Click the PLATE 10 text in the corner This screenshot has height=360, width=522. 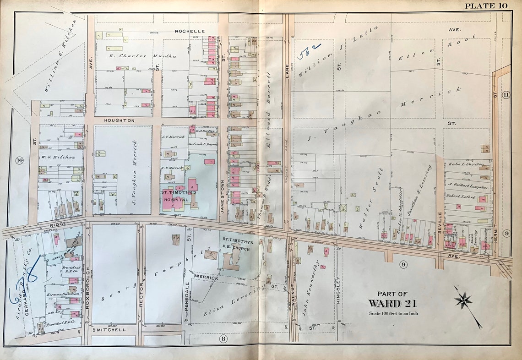click(x=486, y=5)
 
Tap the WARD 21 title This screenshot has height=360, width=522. click(x=392, y=304)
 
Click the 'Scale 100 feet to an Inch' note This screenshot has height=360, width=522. click(x=393, y=313)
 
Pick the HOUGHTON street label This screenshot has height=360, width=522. click(x=119, y=120)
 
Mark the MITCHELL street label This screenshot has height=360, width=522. click(x=112, y=329)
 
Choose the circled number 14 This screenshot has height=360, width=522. click(x=19, y=160)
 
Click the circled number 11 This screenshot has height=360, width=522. click(x=506, y=95)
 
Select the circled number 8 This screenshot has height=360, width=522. click(x=223, y=338)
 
